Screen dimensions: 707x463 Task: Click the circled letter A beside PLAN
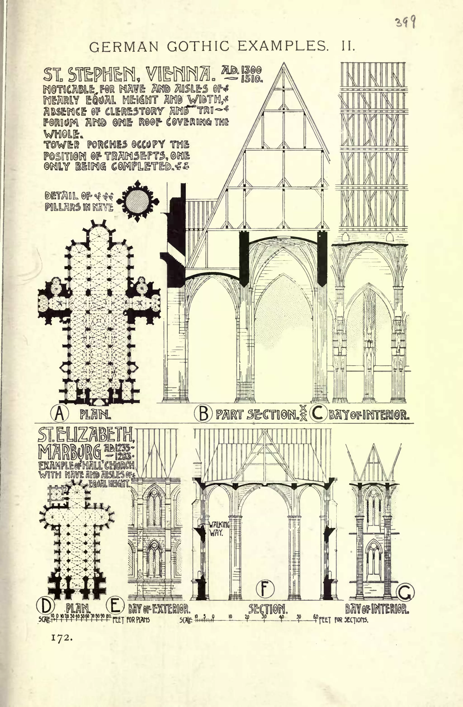tap(59, 414)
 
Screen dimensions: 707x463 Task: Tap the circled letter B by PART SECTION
tap(203, 413)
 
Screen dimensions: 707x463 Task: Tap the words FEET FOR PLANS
tap(131, 620)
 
